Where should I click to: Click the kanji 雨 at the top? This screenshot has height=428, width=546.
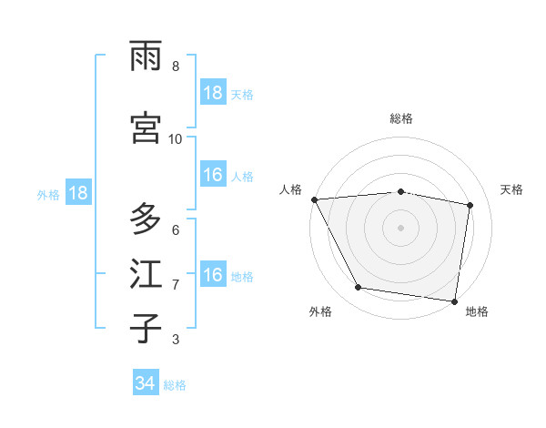pos(147,57)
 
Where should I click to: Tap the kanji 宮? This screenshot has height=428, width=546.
pos(147,128)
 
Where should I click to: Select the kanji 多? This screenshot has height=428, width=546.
pos(147,219)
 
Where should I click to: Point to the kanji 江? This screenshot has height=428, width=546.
pos(147,274)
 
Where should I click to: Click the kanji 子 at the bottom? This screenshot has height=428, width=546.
pos(147,329)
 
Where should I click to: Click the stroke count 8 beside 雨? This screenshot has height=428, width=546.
pos(175,66)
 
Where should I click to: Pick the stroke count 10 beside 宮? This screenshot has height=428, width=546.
pos(175,138)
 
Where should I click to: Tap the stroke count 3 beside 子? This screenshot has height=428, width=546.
pos(175,340)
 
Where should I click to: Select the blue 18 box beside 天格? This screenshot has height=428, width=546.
pos(213,93)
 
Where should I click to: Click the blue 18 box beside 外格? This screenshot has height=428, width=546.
pos(77,193)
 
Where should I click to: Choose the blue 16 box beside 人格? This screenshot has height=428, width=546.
pos(213,176)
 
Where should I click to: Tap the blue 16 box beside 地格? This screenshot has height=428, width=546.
pos(213,275)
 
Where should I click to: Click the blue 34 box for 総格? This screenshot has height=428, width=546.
pos(146,383)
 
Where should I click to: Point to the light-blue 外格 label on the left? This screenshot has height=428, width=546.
pos(48,194)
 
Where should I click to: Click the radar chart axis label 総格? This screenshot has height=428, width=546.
pos(401,118)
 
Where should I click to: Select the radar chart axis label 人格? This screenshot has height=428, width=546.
pos(290,189)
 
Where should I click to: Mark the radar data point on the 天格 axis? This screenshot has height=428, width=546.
pos(470,205)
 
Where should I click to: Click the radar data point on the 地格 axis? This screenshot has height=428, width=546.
pos(454,301)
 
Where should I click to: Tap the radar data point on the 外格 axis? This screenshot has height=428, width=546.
pos(359,289)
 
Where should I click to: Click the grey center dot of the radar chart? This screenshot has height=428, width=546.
pos(401,227)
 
